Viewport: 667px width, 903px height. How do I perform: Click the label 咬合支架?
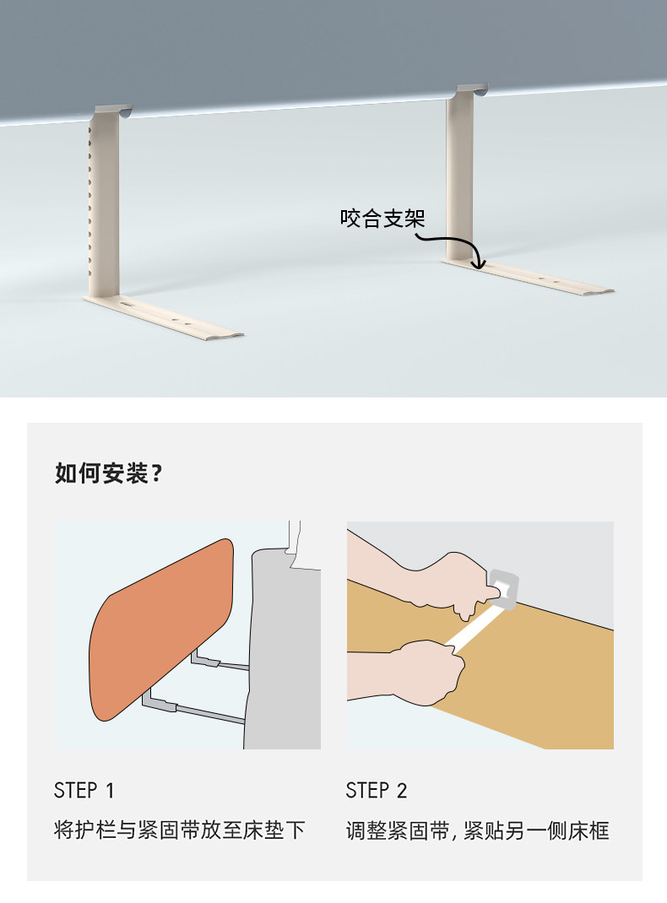pyautogui.click(x=382, y=219)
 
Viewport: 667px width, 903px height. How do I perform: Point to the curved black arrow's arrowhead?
pyautogui.click(x=478, y=264)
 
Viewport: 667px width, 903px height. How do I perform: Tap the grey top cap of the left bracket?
pyautogui.click(x=113, y=110)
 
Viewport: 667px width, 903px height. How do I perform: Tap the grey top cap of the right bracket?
pyautogui.click(x=472, y=89)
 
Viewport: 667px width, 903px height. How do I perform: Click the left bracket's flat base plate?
pyautogui.click(x=164, y=317)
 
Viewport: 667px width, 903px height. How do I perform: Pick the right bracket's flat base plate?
pyautogui.click(x=527, y=277)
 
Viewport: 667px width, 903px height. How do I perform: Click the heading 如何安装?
pyautogui.click(x=108, y=473)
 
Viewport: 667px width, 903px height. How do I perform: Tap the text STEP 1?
pyautogui.click(x=84, y=791)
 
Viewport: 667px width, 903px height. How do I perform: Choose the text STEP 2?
pyautogui.click(x=376, y=791)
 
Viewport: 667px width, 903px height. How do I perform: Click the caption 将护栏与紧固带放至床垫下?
pyautogui.click(x=179, y=830)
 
